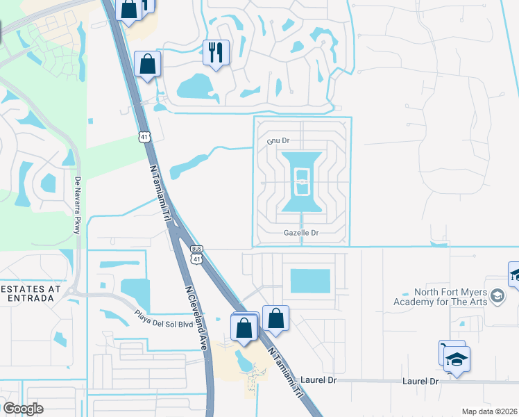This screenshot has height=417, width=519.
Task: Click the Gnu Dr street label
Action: (x=278, y=141)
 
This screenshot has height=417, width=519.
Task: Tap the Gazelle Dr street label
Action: (x=301, y=234)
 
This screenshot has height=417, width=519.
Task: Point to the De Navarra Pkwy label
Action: (x=78, y=205)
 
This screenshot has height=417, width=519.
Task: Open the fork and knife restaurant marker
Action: (x=216, y=51)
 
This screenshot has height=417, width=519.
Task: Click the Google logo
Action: (x=23, y=409)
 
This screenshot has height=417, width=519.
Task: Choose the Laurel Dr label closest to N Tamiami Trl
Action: (x=318, y=381)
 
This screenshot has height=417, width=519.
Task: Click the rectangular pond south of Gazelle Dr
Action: (x=309, y=281)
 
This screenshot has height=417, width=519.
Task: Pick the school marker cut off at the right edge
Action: (x=515, y=275)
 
